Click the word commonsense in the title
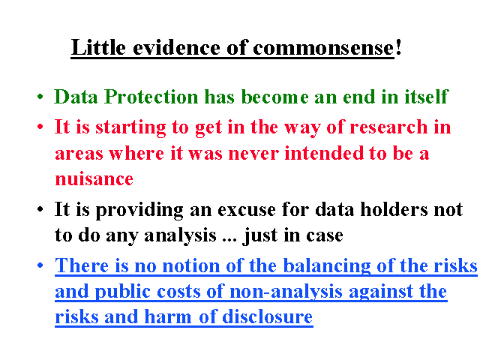pyautogui.click(x=323, y=48)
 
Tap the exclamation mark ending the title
pyautogui.click(x=398, y=47)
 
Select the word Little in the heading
pyautogui.click(x=98, y=47)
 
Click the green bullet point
pyautogui.click(x=40, y=97)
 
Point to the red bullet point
pyautogui.click(x=40, y=127)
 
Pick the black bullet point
pyautogui.click(x=40, y=209)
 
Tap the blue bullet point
pyautogui.click(x=40, y=265)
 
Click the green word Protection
pyautogui.click(x=151, y=97)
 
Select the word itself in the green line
pyautogui.click(x=427, y=97)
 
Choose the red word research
pyautogui.click(x=388, y=127)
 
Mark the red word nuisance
pyautogui.click(x=94, y=178)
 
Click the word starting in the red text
pyautogui.click(x=130, y=127)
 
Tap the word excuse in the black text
pyautogui.click(x=247, y=210)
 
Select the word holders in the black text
pyautogui.click(x=394, y=209)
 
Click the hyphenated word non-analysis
pyautogui.click(x=286, y=292)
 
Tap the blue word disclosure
pyautogui.click(x=267, y=316)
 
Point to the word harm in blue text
pyautogui.click(x=167, y=316)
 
